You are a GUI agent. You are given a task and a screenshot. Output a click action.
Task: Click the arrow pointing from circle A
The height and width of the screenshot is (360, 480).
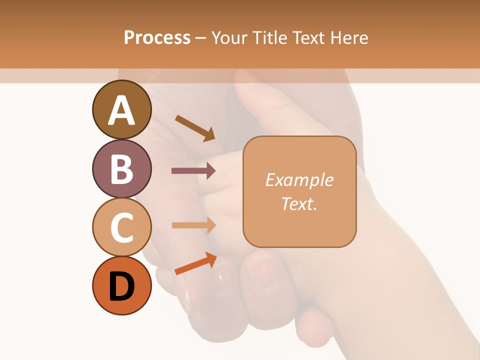(195, 127)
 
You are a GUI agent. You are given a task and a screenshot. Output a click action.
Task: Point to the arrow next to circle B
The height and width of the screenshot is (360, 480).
(193, 170)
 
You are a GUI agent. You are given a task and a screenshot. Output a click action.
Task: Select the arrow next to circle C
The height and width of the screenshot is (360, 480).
(193, 225)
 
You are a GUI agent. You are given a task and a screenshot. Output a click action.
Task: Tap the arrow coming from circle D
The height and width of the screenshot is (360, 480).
(195, 264)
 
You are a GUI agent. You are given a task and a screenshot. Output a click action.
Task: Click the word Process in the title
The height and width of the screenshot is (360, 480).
(157, 37)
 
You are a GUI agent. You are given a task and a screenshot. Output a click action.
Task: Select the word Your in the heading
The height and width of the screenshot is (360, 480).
(228, 37)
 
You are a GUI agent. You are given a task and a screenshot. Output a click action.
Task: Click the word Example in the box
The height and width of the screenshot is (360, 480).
(299, 180)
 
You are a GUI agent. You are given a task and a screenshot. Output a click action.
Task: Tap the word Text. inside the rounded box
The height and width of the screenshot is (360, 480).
(299, 203)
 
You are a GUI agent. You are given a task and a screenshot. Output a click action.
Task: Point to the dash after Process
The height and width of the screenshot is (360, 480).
(201, 38)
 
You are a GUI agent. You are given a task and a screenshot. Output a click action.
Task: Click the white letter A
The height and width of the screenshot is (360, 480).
(121, 110)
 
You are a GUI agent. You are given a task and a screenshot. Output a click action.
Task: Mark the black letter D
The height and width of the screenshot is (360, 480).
(121, 287)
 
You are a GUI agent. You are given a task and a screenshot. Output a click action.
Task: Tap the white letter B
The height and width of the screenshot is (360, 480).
(121, 169)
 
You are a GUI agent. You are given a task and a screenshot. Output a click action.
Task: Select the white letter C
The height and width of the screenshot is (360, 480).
(121, 228)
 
